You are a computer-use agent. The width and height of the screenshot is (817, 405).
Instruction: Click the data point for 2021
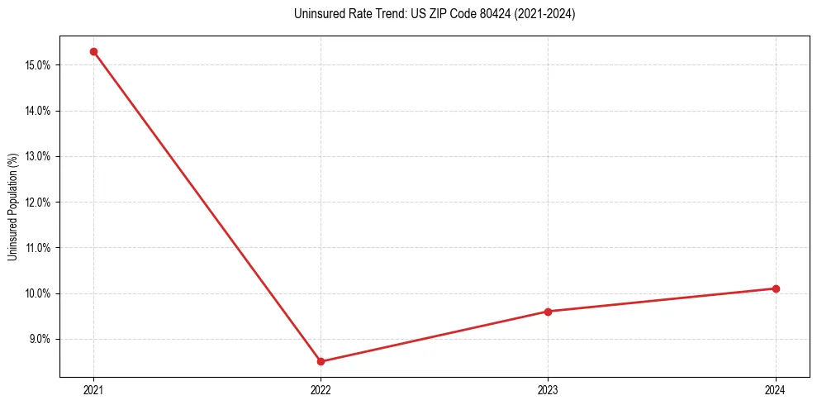click(93, 51)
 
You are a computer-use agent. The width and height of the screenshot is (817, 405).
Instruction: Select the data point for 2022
click(321, 361)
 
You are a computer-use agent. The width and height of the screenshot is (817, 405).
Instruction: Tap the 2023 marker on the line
click(548, 312)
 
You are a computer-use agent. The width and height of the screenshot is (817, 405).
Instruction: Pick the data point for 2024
click(776, 288)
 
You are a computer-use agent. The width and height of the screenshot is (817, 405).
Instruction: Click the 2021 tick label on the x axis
click(93, 389)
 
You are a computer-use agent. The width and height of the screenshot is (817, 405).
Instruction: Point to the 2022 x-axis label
click(321, 389)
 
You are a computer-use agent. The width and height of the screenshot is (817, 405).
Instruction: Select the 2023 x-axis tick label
click(548, 389)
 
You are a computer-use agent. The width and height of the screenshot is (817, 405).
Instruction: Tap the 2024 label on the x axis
click(776, 389)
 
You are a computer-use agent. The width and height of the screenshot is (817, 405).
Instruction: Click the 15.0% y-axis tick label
click(40, 65)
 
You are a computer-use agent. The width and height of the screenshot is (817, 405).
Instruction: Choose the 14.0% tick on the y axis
click(40, 111)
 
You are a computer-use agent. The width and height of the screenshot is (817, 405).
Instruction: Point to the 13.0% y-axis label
click(40, 156)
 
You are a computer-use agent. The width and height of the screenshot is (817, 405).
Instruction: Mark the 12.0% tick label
click(40, 202)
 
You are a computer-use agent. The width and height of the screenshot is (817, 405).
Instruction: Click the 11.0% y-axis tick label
click(40, 248)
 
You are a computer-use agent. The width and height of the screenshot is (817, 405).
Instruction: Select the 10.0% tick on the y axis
click(40, 293)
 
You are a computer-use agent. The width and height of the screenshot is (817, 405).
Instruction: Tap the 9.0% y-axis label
click(41, 339)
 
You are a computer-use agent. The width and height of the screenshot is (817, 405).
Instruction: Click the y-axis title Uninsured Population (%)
click(12, 207)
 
